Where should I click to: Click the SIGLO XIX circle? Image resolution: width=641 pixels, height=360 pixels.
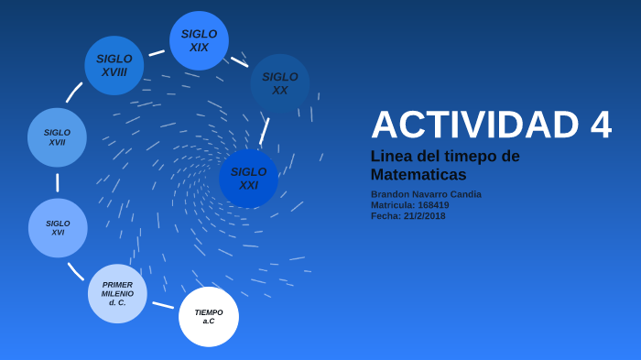coord(199,41)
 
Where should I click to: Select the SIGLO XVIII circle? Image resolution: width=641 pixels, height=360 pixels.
coord(114,66)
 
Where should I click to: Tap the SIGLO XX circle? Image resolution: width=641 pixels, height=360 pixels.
coord(280,83)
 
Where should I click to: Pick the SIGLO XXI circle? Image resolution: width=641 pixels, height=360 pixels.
coord(248,179)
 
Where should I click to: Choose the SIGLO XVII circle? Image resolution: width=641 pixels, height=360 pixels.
coord(57,137)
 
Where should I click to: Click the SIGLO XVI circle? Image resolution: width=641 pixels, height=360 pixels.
coord(58,228)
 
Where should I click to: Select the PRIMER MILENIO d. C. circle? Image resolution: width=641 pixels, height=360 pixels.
coord(117,294)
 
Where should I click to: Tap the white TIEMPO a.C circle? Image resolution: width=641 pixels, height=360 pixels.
coord(209,317)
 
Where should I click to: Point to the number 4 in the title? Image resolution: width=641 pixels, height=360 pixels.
coord(601,125)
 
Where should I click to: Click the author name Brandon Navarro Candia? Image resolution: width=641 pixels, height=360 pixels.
coord(426,194)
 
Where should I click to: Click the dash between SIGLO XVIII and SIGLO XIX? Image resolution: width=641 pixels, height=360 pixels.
coord(157,53)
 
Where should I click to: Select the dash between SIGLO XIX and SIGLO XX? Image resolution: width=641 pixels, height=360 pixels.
coord(239,62)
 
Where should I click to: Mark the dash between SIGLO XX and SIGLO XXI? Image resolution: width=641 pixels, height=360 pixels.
coord(265,131)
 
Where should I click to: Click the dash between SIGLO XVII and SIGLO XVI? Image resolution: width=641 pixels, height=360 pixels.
coord(58,182)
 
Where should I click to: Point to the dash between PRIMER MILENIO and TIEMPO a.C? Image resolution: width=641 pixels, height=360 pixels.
coord(163,305)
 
